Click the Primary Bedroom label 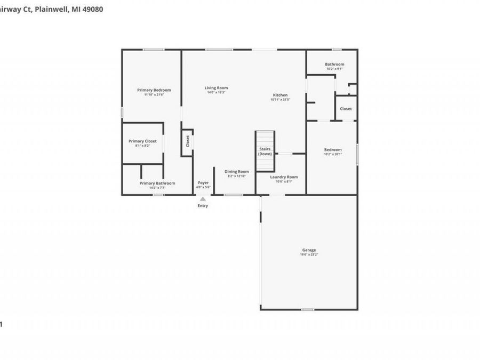point(154,90)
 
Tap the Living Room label point(217,88)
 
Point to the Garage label point(309,250)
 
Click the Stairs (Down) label point(265,151)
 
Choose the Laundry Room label point(284,177)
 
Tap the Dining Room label point(236,172)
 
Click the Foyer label point(203,183)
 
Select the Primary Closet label point(143,141)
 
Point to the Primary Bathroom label point(157,183)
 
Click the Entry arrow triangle point(203,199)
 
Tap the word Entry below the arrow point(203,206)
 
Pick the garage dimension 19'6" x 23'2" point(309,255)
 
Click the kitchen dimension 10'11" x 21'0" point(280,99)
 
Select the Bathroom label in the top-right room point(334,65)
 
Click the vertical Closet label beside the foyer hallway point(188,141)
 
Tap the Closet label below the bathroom point(346,109)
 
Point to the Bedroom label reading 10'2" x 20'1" point(333,154)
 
